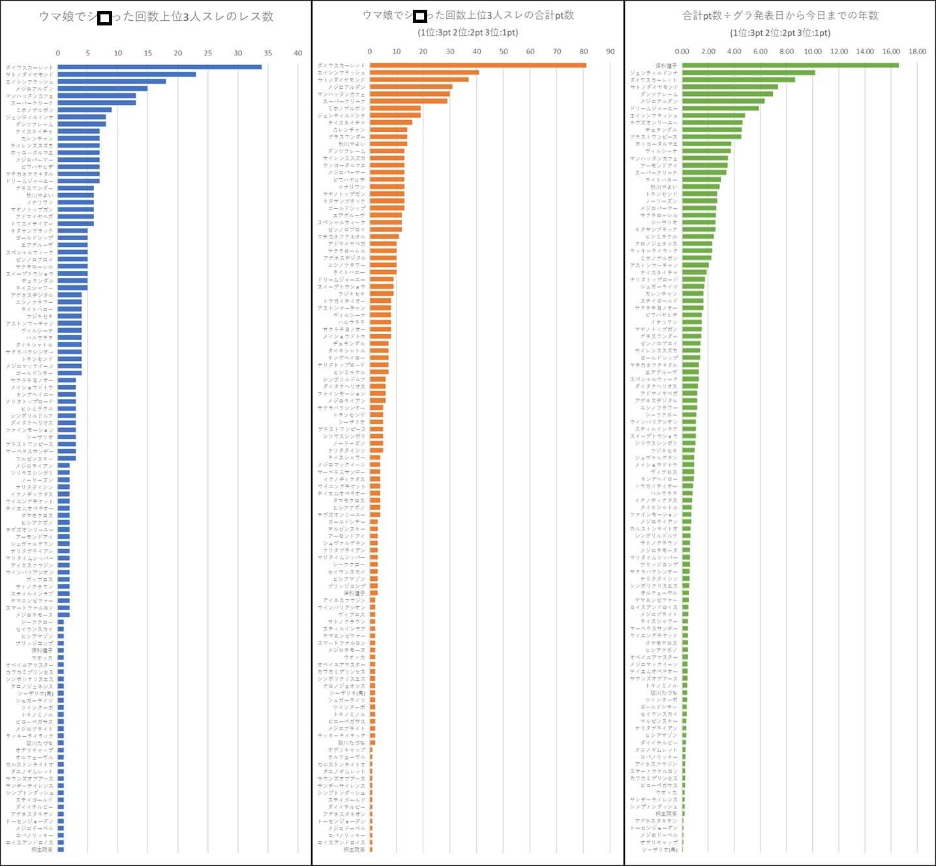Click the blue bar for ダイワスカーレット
pos(159,67)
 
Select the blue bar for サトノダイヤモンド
pos(127,74)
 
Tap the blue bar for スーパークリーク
pos(97,102)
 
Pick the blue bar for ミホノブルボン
pos(85,110)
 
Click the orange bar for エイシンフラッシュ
pos(424,72)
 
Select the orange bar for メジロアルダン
pos(411,87)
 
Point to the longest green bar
pos(790,65)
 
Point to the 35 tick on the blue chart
pos(268,53)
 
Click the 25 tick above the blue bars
pos(208,53)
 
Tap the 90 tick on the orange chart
pos(611,51)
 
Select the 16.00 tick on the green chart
pos(891,51)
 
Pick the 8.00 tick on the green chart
pos(787,51)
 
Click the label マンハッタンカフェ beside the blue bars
pos(30,96)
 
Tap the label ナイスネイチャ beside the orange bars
pos(347,123)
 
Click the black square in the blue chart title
pos(104,18)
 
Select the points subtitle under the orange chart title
pos(468,33)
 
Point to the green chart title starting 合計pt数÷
pos(780,15)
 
